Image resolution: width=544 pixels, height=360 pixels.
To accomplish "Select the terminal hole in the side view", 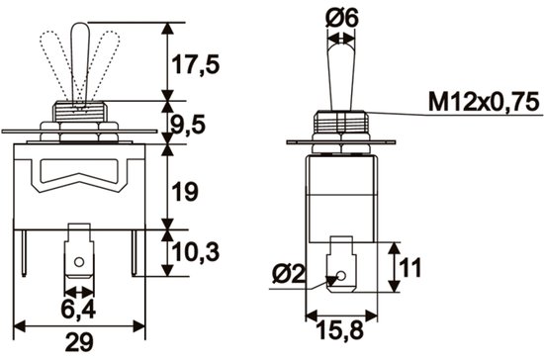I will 341,277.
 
